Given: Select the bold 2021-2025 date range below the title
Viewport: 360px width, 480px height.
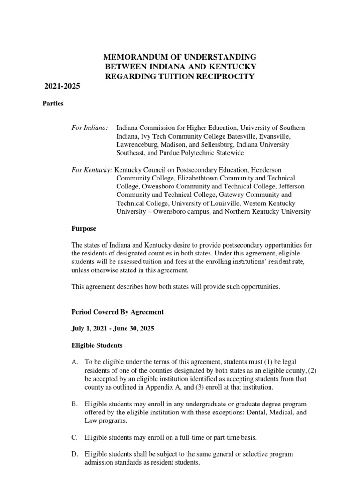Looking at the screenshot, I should pyautogui.click(x=62, y=87).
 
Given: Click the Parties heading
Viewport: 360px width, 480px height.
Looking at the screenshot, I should pyautogui.click(x=53, y=104).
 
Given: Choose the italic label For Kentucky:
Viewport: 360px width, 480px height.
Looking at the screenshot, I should pyautogui.click(x=91, y=170).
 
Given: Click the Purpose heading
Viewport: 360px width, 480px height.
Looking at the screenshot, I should pyautogui.click(x=83, y=229).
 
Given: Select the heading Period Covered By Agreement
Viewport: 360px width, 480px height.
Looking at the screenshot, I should pyautogui.click(x=117, y=312).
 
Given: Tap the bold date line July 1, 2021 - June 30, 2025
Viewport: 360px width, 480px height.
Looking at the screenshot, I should pyautogui.click(x=112, y=329).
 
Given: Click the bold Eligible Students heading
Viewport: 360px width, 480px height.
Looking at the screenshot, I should pyautogui.click(x=97, y=345).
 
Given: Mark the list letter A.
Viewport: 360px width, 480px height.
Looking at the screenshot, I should pyautogui.click(x=74, y=362).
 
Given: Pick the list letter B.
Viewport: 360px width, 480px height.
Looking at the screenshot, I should pyautogui.click(x=74, y=404).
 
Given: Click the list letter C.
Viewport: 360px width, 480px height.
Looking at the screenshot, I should pyautogui.click(x=74, y=438).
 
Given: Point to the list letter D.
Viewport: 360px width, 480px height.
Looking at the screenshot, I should pyautogui.click(x=74, y=455).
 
